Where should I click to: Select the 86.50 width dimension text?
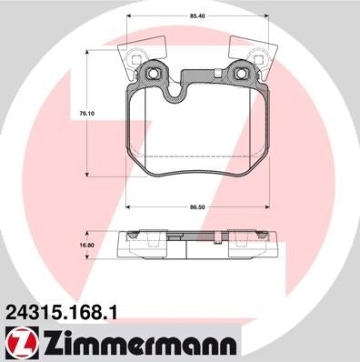pos(196,208)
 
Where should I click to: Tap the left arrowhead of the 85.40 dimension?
pos(129,18)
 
